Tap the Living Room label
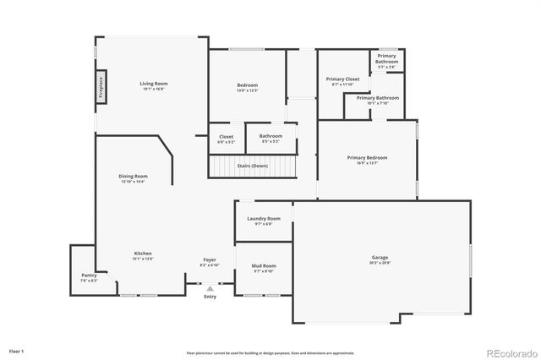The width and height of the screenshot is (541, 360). click(x=154, y=83)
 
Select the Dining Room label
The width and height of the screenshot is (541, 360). click(x=134, y=176)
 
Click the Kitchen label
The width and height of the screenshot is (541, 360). click(x=143, y=254)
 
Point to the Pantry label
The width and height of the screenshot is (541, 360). click(x=89, y=275)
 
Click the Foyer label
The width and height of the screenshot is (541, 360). click(x=209, y=259)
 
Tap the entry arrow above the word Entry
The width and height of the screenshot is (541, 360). click(x=210, y=288)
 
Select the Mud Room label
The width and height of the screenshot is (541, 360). click(x=264, y=266)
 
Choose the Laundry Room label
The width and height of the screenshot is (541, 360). click(x=264, y=219)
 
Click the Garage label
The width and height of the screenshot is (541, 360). click(x=380, y=257)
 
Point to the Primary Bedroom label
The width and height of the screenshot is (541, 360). click(x=367, y=157)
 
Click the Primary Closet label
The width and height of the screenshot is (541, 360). click(x=343, y=79)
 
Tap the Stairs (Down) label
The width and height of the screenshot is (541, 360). click(x=253, y=166)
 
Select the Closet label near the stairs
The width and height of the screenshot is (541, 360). click(x=227, y=136)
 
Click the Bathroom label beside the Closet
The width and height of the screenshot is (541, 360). click(x=270, y=136)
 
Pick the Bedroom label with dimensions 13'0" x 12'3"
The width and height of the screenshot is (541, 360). click(x=248, y=85)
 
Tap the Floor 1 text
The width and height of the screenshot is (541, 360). click(x=17, y=351)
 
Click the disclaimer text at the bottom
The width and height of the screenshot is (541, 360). click(x=270, y=352)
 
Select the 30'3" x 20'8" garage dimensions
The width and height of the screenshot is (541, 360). click(x=380, y=263)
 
